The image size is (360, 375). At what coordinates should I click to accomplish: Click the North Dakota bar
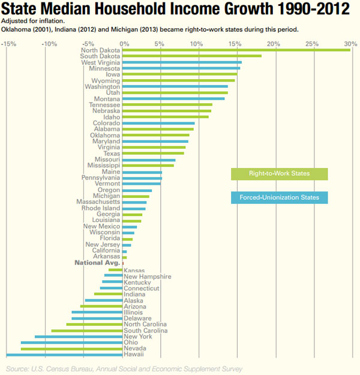click(237, 50)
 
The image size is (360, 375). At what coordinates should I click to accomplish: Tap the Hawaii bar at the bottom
click(64, 355)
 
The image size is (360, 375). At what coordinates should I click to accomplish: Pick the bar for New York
click(79, 337)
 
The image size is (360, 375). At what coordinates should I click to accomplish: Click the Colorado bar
click(159, 123)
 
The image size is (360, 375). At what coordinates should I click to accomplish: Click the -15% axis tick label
click(9, 43)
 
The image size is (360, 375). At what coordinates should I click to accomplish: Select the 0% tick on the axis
click(124, 43)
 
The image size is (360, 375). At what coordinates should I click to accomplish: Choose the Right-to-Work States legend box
click(279, 174)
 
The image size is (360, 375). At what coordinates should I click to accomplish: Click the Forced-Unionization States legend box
click(279, 197)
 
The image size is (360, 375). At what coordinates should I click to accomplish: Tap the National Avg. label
click(97, 263)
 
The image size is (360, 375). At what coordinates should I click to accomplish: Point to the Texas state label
click(112, 154)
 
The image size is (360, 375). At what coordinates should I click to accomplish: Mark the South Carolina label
click(145, 331)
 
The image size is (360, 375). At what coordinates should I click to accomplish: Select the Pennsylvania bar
click(142, 178)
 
